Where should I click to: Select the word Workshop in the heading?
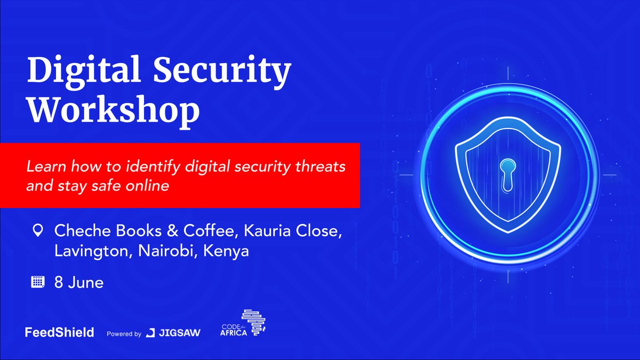114,110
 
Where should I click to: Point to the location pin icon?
38,230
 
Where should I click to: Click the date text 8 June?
79,282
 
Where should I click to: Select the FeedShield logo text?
59,332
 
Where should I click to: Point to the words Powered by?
124,334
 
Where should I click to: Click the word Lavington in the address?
91,251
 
